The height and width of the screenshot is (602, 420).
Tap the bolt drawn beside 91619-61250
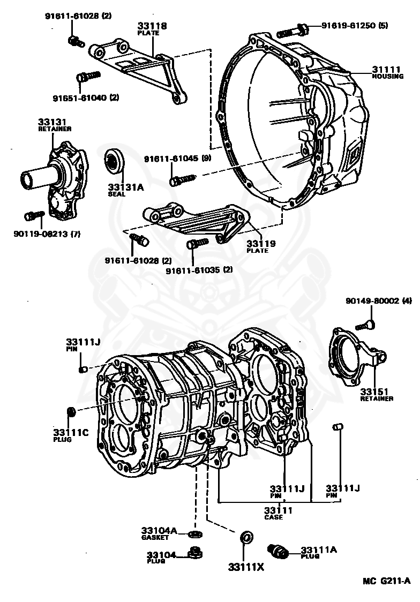point(291,29)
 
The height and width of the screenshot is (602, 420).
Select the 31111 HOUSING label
point(387,72)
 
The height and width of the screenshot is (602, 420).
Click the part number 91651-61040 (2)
point(86,97)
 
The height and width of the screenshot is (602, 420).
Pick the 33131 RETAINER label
point(55,125)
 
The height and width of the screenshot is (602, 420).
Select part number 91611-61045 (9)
point(177,159)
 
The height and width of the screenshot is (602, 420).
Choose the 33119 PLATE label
point(261,246)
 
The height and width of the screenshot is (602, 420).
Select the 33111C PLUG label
point(70,435)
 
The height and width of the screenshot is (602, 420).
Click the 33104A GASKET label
point(159,533)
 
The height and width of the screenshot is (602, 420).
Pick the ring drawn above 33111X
point(246,537)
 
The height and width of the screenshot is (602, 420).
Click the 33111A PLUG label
point(317,552)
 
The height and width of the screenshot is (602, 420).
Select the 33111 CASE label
point(278,513)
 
